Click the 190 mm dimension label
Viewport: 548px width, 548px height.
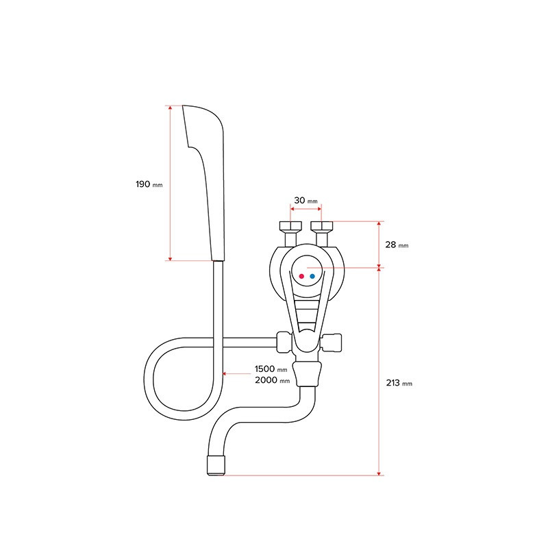click(149, 184)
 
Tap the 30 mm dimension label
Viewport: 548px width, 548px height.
click(306, 200)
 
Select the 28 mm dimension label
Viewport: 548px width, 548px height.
click(397, 245)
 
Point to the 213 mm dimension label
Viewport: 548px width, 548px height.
click(399, 383)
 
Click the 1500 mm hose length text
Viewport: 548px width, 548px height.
click(271, 369)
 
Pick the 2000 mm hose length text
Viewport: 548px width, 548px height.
click(272, 380)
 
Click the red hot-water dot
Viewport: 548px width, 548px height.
click(301, 276)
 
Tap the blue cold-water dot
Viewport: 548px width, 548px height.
click(312, 276)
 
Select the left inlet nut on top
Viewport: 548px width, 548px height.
click(290, 226)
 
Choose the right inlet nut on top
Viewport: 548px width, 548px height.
click(322, 226)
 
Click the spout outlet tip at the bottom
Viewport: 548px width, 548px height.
click(216, 466)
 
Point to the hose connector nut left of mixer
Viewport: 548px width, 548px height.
click(284, 342)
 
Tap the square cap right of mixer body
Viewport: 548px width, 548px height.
click(332, 343)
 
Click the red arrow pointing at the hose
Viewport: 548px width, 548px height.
click(236, 373)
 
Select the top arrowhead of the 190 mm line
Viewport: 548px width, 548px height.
click(170, 108)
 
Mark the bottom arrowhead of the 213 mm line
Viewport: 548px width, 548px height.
click(379, 473)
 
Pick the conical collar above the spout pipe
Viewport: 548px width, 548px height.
click(307, 374)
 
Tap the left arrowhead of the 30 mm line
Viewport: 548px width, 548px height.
click(292, 209)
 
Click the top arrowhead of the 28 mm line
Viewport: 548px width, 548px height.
click(379, 224)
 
